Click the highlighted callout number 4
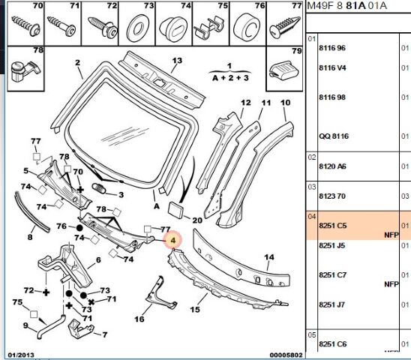(x=172, y=240)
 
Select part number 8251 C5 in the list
(x=333, y=226)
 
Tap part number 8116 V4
(x=332, y=68)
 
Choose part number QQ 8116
(x=334, y=136)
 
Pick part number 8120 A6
(x=332, y=166)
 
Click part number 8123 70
(x=332, y=196)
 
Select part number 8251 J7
(x=331, y=304)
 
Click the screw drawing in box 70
(x=26, y=25)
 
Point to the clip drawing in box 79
(x=283, y=70)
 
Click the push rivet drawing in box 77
(x=285, y=28)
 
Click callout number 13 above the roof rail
(x=177, y=61)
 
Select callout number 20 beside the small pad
(x=197, y=220)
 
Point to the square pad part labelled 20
(x=177, y=210)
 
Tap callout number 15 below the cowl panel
(x=195, y=310)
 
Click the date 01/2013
(x=21, y=355)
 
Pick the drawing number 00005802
(x=286, y=355)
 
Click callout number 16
(x=139, y=319)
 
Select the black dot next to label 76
(x=79, y=228)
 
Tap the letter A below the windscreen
(x=157, y=206)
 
